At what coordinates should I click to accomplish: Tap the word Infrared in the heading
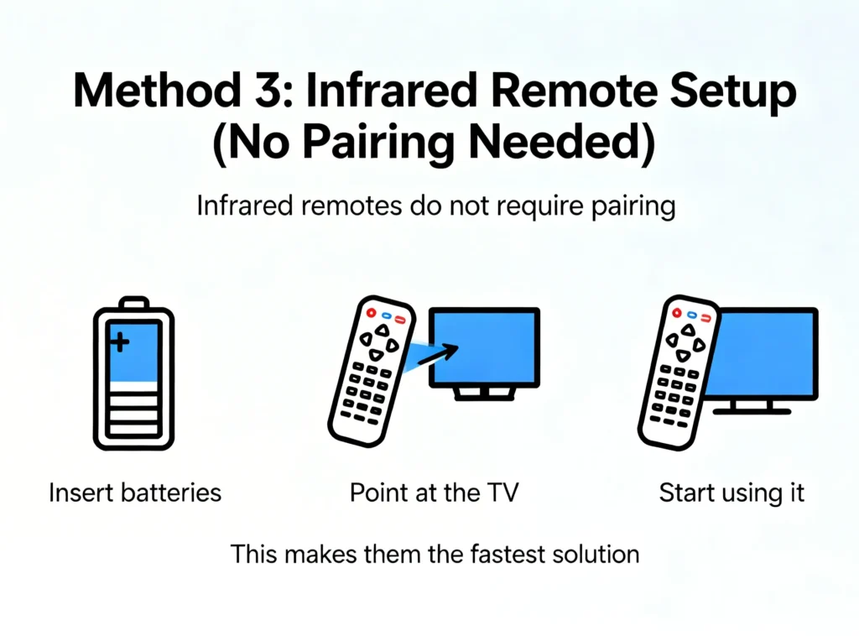pyautogui.click(x=391, y=90)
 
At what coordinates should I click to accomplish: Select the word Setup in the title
pyautogui.click(x=733, y=93)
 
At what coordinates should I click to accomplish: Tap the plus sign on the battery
pyautogui.click(x=119, y=342)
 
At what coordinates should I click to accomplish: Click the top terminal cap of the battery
pyautogui.click(x=133, y=302)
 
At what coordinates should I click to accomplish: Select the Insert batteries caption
pyautogui.click(x=135, y=492)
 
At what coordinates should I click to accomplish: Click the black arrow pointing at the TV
pyautogui.click(x=438, y=354)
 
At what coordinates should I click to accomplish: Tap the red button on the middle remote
pyautogui.click(x=371, y=312)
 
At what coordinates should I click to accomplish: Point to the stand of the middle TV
pyautogui.click(x=484, y=393)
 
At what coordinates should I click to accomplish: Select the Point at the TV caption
pyautogui.click(x=434, y=492)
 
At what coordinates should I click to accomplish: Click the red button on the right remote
pyautogui.click(x=677, y=312)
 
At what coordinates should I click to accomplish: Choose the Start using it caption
pyautogui.click(x=731, y=493)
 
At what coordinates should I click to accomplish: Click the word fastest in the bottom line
pyautogui.click(x=508, y=554)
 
